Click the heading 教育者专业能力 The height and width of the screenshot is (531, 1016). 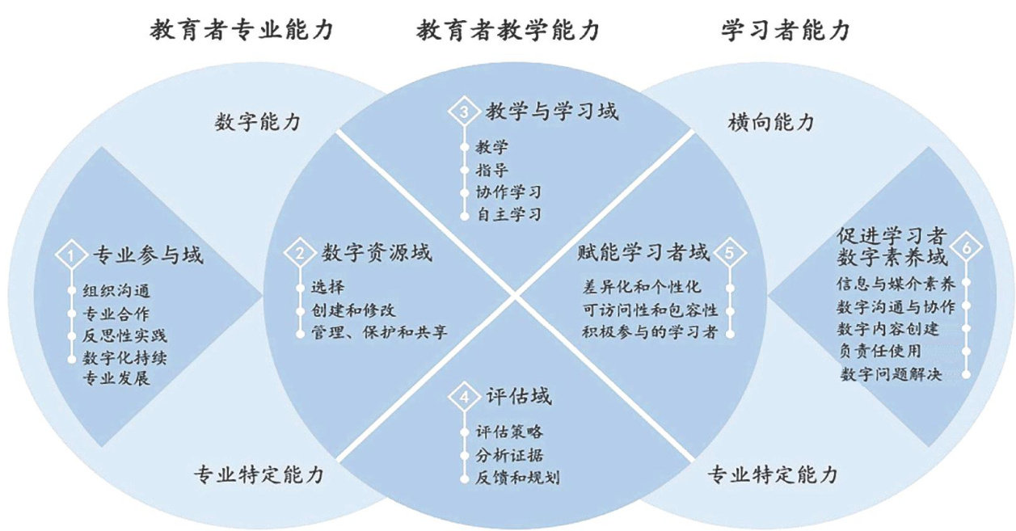[242, 31]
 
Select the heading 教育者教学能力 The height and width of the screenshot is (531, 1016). [508, 31]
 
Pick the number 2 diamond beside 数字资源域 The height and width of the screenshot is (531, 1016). [300, 253]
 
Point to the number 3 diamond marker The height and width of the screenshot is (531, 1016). [464, 112]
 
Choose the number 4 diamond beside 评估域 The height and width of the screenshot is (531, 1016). [464, 398]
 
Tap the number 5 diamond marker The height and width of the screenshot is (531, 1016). [729, 253]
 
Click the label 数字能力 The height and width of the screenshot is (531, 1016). [258, 123]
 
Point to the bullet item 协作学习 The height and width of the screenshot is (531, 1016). [508, 193]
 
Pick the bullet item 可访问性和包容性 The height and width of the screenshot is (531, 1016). [650, 310]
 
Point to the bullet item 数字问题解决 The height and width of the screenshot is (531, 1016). [892, 374]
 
